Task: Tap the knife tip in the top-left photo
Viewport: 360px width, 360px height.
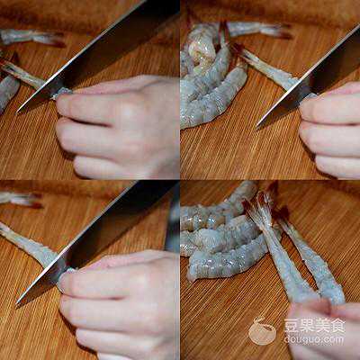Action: click(18, 112)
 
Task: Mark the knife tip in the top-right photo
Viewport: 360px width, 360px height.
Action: click(258, 126)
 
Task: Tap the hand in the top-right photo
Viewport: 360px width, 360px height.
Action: click(330, 132)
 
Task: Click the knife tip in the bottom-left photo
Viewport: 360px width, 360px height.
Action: click(18, 302)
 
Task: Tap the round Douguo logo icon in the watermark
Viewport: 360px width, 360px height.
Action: click(263, 331)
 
